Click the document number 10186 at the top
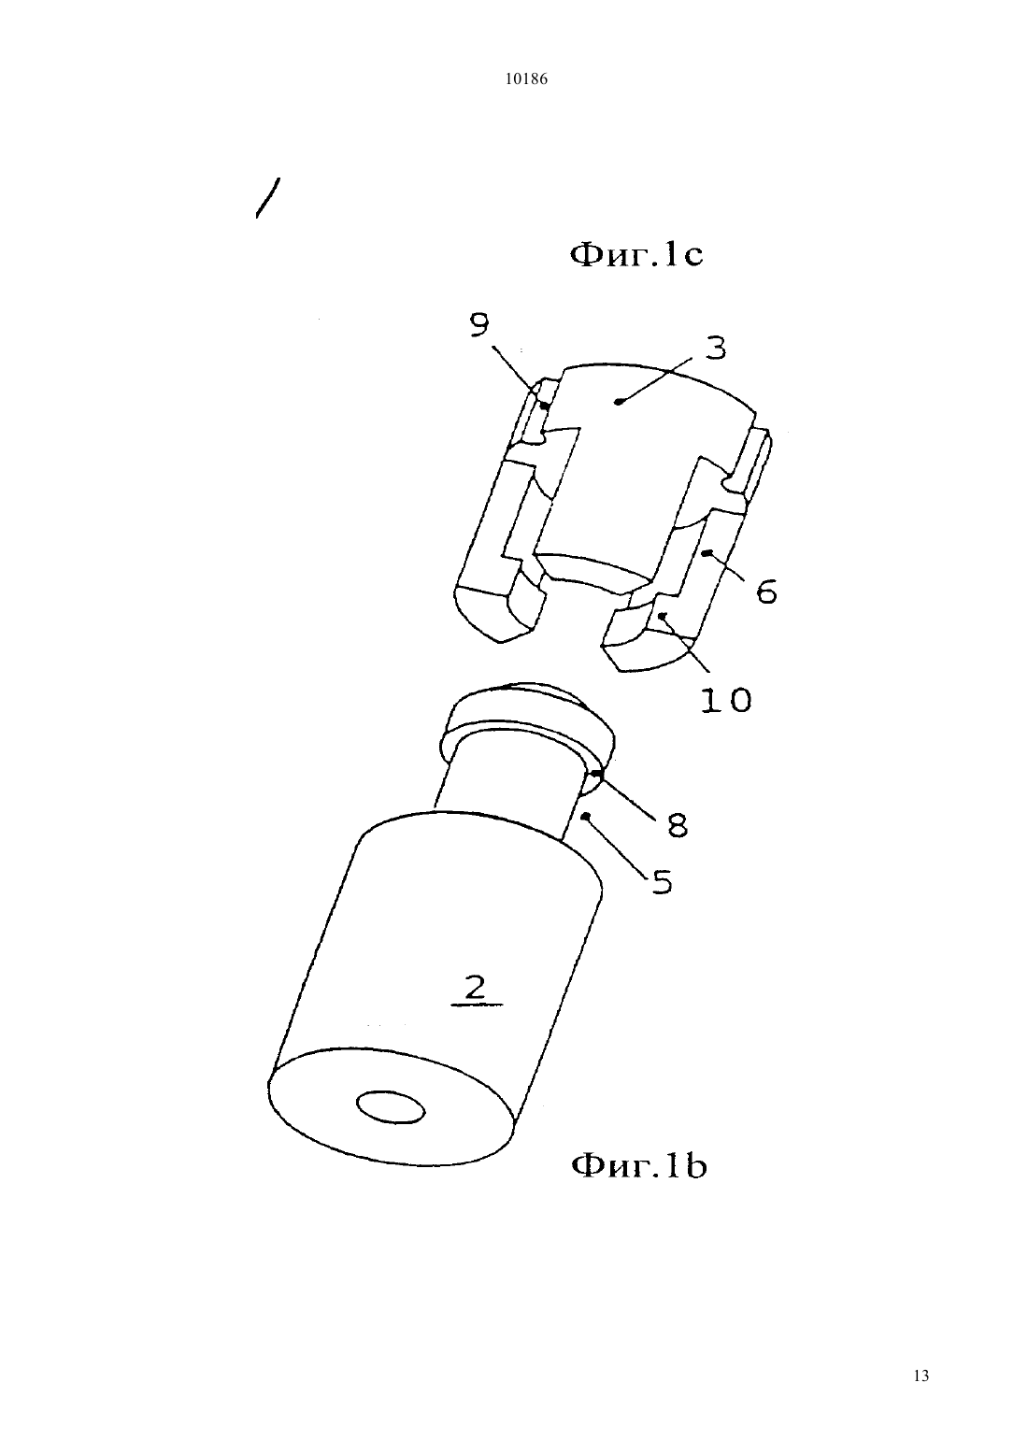click(525, 79)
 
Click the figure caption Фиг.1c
click(636, 255)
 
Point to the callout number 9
click(479, 325)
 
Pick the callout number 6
click(767, 592)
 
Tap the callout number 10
click(726, 700)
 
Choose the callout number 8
click(677, 826)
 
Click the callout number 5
click(662, 882)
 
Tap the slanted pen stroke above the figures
click(268, 198)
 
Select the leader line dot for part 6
click(708, 552)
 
